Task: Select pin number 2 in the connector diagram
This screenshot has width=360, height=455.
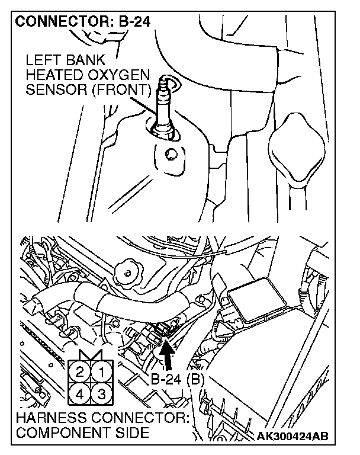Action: click(x=79, y=373)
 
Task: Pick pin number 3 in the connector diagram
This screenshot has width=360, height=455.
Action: click(x=101, y=393)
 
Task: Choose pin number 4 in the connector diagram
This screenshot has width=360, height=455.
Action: click(x=79, y=393)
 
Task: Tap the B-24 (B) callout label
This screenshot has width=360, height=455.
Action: click(x=176, y=380)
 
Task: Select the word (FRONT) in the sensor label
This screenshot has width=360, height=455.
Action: click(x=127, y=90)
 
